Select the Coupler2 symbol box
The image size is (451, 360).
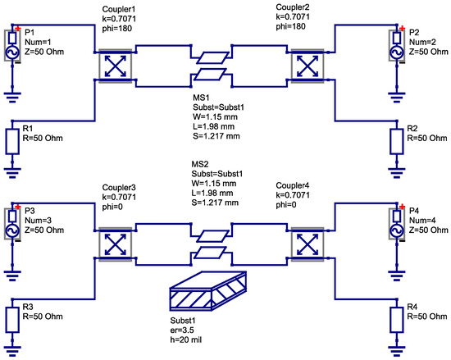307,63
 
